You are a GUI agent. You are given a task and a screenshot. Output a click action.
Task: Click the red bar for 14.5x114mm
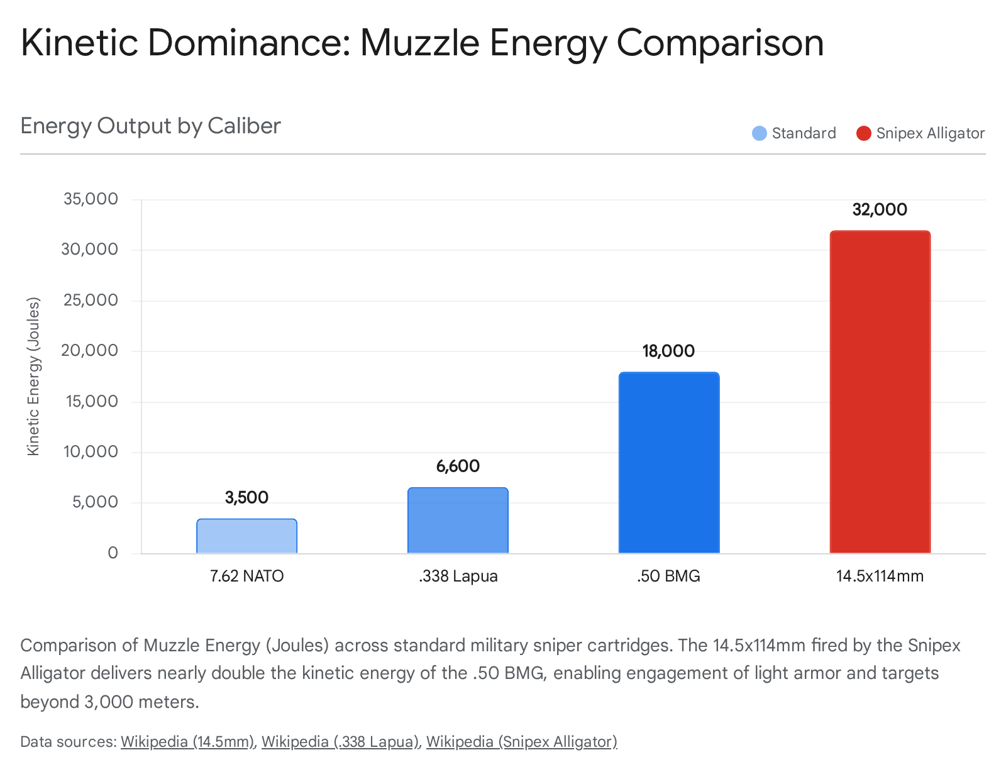[880, 392]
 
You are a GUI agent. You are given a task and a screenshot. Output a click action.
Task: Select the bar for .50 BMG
[668, 463]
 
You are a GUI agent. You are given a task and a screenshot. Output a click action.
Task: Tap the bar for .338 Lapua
[458, 521]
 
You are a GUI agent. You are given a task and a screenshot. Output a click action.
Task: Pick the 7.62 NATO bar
[246, 536]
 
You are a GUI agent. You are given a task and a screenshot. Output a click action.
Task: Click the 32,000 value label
[880, 210]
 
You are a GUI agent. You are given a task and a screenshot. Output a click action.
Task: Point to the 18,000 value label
[668, 351]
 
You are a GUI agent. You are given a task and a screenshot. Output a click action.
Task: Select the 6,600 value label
[458, 466]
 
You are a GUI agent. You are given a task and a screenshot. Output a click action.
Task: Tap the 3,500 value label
[246, 498]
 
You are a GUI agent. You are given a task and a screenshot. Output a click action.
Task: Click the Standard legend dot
[760, 133]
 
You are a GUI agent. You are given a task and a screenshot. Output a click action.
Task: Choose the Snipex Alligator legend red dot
[864, 133]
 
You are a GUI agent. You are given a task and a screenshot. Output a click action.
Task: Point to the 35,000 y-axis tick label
[91, 199]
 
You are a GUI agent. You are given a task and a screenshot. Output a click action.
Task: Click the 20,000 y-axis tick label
[91, 351]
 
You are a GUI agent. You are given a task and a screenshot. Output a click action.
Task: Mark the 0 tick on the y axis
[113, 553]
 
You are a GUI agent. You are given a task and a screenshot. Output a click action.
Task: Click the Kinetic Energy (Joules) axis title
[33, 376]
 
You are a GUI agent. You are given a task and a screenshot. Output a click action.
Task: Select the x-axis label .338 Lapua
[458, 576]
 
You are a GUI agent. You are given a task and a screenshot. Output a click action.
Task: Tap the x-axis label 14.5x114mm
[880, 576]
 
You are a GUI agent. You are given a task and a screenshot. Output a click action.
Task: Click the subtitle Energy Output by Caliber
[150, 126]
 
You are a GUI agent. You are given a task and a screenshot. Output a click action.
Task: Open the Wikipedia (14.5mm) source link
[187, 742]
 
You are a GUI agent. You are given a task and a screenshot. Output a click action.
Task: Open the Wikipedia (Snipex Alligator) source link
[521, 742]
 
